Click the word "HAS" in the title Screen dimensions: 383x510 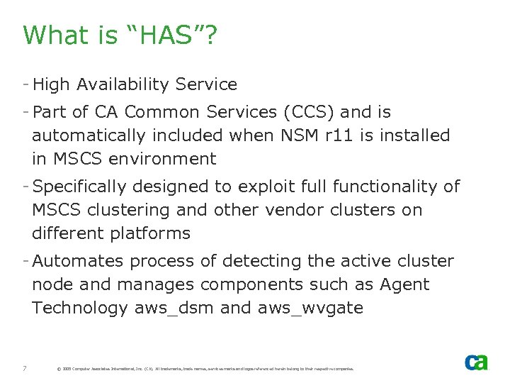point(162,35)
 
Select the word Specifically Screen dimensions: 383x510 point(84,187)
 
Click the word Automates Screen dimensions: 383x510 point(77,262)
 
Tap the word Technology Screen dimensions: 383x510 point(79,308)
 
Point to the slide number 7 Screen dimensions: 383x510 point(25,368)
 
